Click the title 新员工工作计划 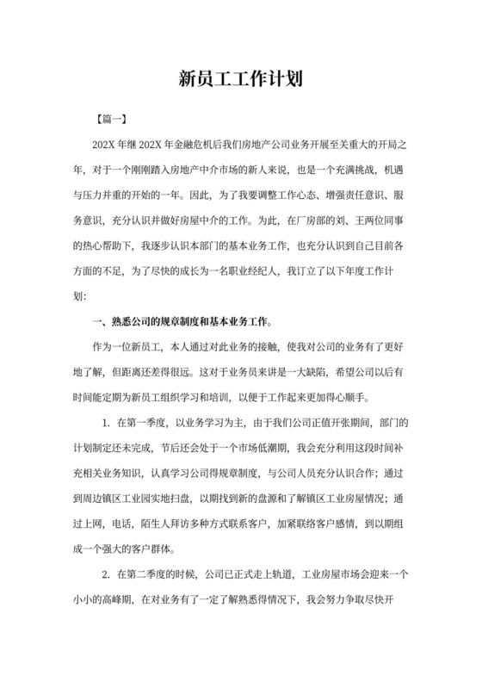click(x=240, y=80)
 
